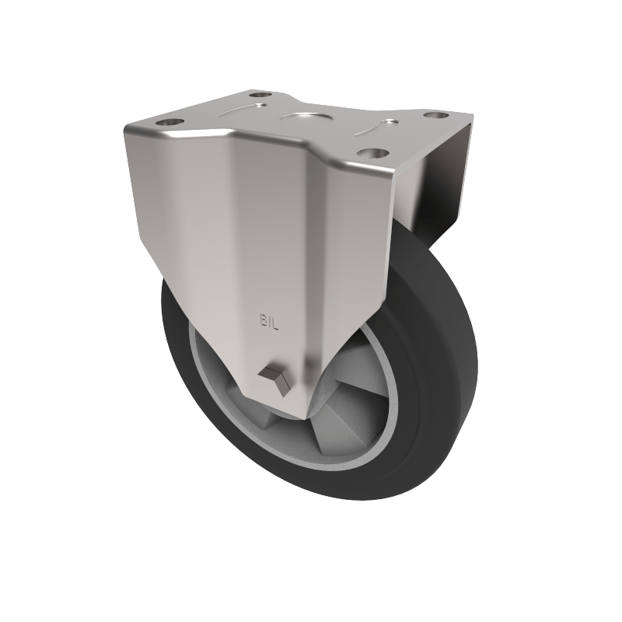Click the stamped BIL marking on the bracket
click(x=269, y=319)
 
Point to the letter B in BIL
click(x=262, y=318)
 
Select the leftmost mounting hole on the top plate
click(x=169, y=122)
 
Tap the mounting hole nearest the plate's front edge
click(x=374, y=152)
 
